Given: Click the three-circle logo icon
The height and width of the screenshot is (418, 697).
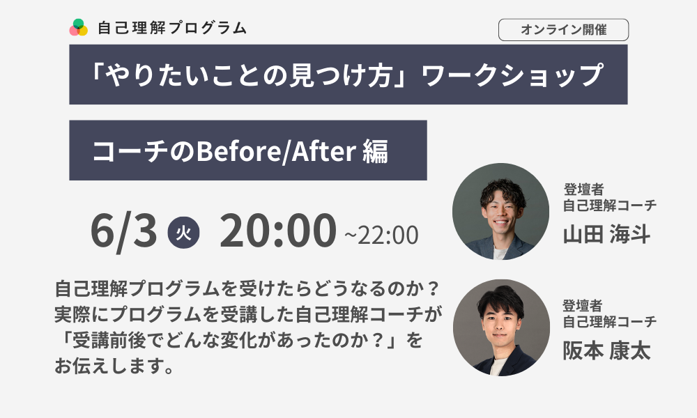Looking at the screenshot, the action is tap(78, 28).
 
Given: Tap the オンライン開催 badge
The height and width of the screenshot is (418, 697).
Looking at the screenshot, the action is tap(563, 30).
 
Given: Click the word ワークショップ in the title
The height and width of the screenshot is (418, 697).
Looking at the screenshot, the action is tap(512, 75).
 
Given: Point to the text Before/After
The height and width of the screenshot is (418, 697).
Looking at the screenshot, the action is tap(276, 151).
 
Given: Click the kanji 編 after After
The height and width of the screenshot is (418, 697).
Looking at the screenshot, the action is tap(375, 151).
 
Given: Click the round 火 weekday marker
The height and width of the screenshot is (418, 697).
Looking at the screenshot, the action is tap(183, 232).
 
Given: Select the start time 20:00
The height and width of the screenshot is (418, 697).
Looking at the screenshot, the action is tap(278, 230).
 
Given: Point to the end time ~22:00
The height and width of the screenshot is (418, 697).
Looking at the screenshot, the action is tap(381, 235).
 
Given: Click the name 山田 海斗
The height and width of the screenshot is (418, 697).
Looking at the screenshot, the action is tap(607, 234).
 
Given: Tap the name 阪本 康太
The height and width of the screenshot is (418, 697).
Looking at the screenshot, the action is tap(607, 350).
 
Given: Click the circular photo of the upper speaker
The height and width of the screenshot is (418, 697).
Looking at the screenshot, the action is tap(500, 212).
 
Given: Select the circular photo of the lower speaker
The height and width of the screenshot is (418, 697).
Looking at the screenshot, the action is tap(501, 328).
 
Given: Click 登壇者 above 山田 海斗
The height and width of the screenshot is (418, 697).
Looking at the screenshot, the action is tap(583, 189).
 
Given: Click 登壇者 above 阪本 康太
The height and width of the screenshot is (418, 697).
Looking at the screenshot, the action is tap(583, 306).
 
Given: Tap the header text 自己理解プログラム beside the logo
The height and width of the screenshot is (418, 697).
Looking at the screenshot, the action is tap(172, 28).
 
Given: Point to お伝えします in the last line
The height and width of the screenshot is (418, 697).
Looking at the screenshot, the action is tap(114, 366).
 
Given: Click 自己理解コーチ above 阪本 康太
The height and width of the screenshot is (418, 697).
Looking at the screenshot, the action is tap(609, 321).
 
